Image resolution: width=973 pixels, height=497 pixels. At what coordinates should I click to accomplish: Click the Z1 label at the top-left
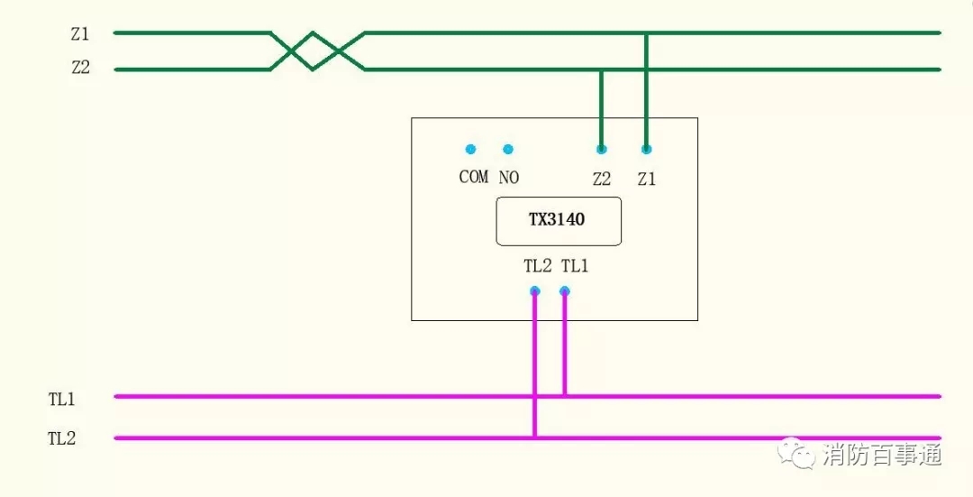(x=80, y=35)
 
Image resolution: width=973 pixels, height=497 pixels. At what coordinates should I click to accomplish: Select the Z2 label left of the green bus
(x=80, y=69)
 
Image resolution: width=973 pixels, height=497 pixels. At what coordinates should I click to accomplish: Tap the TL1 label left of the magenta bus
(x=61, y=399)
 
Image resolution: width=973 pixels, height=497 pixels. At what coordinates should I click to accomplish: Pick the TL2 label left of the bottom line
(x=61, y=439)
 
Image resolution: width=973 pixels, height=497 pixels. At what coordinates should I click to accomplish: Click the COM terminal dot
(x=470, y=149)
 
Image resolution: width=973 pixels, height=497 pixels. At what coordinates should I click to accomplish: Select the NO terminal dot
(x=508, y=149)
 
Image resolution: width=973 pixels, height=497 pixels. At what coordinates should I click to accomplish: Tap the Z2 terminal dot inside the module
(x=601, y=149)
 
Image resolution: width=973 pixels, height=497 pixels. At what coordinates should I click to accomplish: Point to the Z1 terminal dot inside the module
(x=646, y=149)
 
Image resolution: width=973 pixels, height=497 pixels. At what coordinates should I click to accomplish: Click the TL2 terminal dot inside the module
(x=534, y=290)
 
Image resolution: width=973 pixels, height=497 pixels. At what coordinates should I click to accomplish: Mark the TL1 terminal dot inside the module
(x=565, y=290)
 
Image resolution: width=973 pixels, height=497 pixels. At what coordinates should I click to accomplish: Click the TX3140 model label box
(x=559, y=220)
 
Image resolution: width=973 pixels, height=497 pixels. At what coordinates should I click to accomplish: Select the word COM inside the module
(x=473, y=177)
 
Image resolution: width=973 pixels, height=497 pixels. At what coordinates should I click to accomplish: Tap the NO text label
(x=509, y=178)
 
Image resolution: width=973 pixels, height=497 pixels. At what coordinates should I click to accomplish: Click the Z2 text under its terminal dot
(x=601, y=179)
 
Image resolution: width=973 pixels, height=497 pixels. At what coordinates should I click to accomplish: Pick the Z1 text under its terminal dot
(x=646, y=179)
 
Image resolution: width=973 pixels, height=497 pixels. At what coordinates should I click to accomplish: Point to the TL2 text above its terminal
(x=537, y=266)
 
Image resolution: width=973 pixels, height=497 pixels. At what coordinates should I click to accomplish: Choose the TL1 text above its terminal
(x=575, y=266)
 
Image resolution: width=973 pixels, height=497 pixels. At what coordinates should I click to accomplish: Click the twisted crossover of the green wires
(x=314, y=51)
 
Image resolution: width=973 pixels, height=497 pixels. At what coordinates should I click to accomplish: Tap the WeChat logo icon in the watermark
(x=797, y=453)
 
